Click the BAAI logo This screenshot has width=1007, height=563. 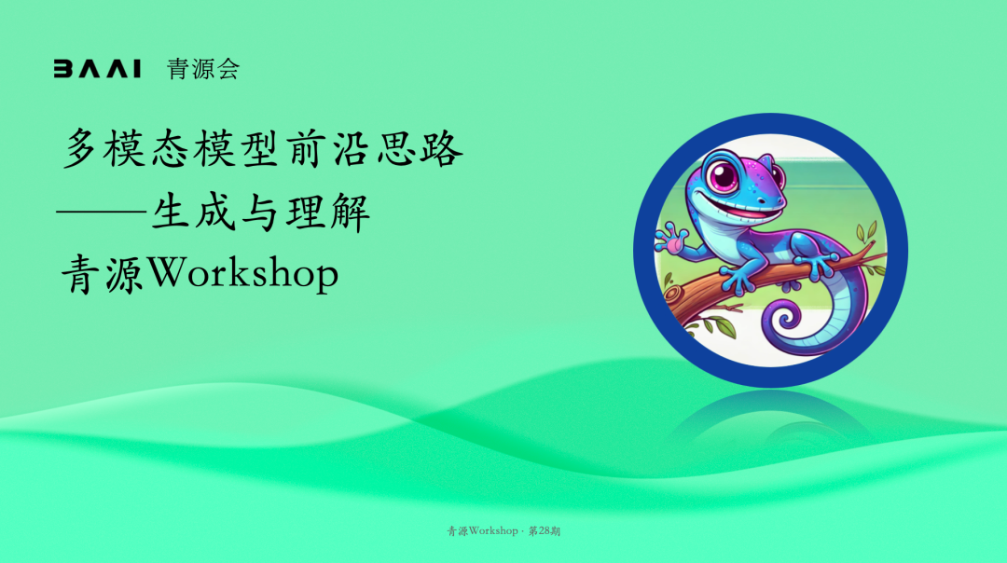(97, 69)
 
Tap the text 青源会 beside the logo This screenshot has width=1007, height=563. (203, 69)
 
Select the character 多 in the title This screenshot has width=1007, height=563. (80, 148)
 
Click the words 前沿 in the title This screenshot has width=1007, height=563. (329, 148)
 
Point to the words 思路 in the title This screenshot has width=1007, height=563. (420, 148)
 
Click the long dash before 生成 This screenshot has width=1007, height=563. (102, 210)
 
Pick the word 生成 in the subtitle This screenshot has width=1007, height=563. (193, 212)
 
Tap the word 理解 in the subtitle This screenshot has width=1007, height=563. (328, 212)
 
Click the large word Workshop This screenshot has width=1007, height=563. (243, 274)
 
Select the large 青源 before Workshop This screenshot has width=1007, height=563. (103, 274)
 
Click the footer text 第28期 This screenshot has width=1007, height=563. (544, 531)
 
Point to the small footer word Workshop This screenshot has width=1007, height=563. (493, 531)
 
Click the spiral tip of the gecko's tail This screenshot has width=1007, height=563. (785, 319)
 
